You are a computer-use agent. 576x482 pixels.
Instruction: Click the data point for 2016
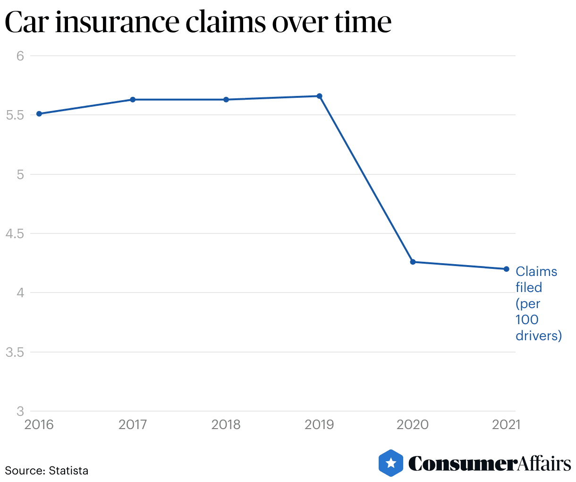[39, 114]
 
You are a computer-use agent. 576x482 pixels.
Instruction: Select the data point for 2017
[133, 100]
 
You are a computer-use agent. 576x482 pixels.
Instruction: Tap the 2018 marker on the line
[226, 100]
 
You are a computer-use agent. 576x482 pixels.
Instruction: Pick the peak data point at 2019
[319, 96]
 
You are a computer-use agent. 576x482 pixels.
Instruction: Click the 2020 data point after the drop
[413, 262]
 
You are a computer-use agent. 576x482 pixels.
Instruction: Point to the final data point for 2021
[506, 269]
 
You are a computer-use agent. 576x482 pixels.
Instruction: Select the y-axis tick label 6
[20, 56]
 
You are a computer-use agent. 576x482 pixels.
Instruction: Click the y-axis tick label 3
[20, 411]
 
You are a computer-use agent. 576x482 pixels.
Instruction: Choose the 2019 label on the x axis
[319, 424]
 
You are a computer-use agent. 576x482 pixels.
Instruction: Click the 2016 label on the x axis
[39, 424]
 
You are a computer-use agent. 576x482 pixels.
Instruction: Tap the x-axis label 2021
[506, 424]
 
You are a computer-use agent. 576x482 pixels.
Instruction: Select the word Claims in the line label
[536, 272]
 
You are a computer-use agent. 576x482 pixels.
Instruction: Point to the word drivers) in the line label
[539, 336]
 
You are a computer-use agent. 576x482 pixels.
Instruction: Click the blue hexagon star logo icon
[391, 463]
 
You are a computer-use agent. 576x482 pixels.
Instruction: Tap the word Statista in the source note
[68, 471]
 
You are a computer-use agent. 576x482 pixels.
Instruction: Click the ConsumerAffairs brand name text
[490, 464]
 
